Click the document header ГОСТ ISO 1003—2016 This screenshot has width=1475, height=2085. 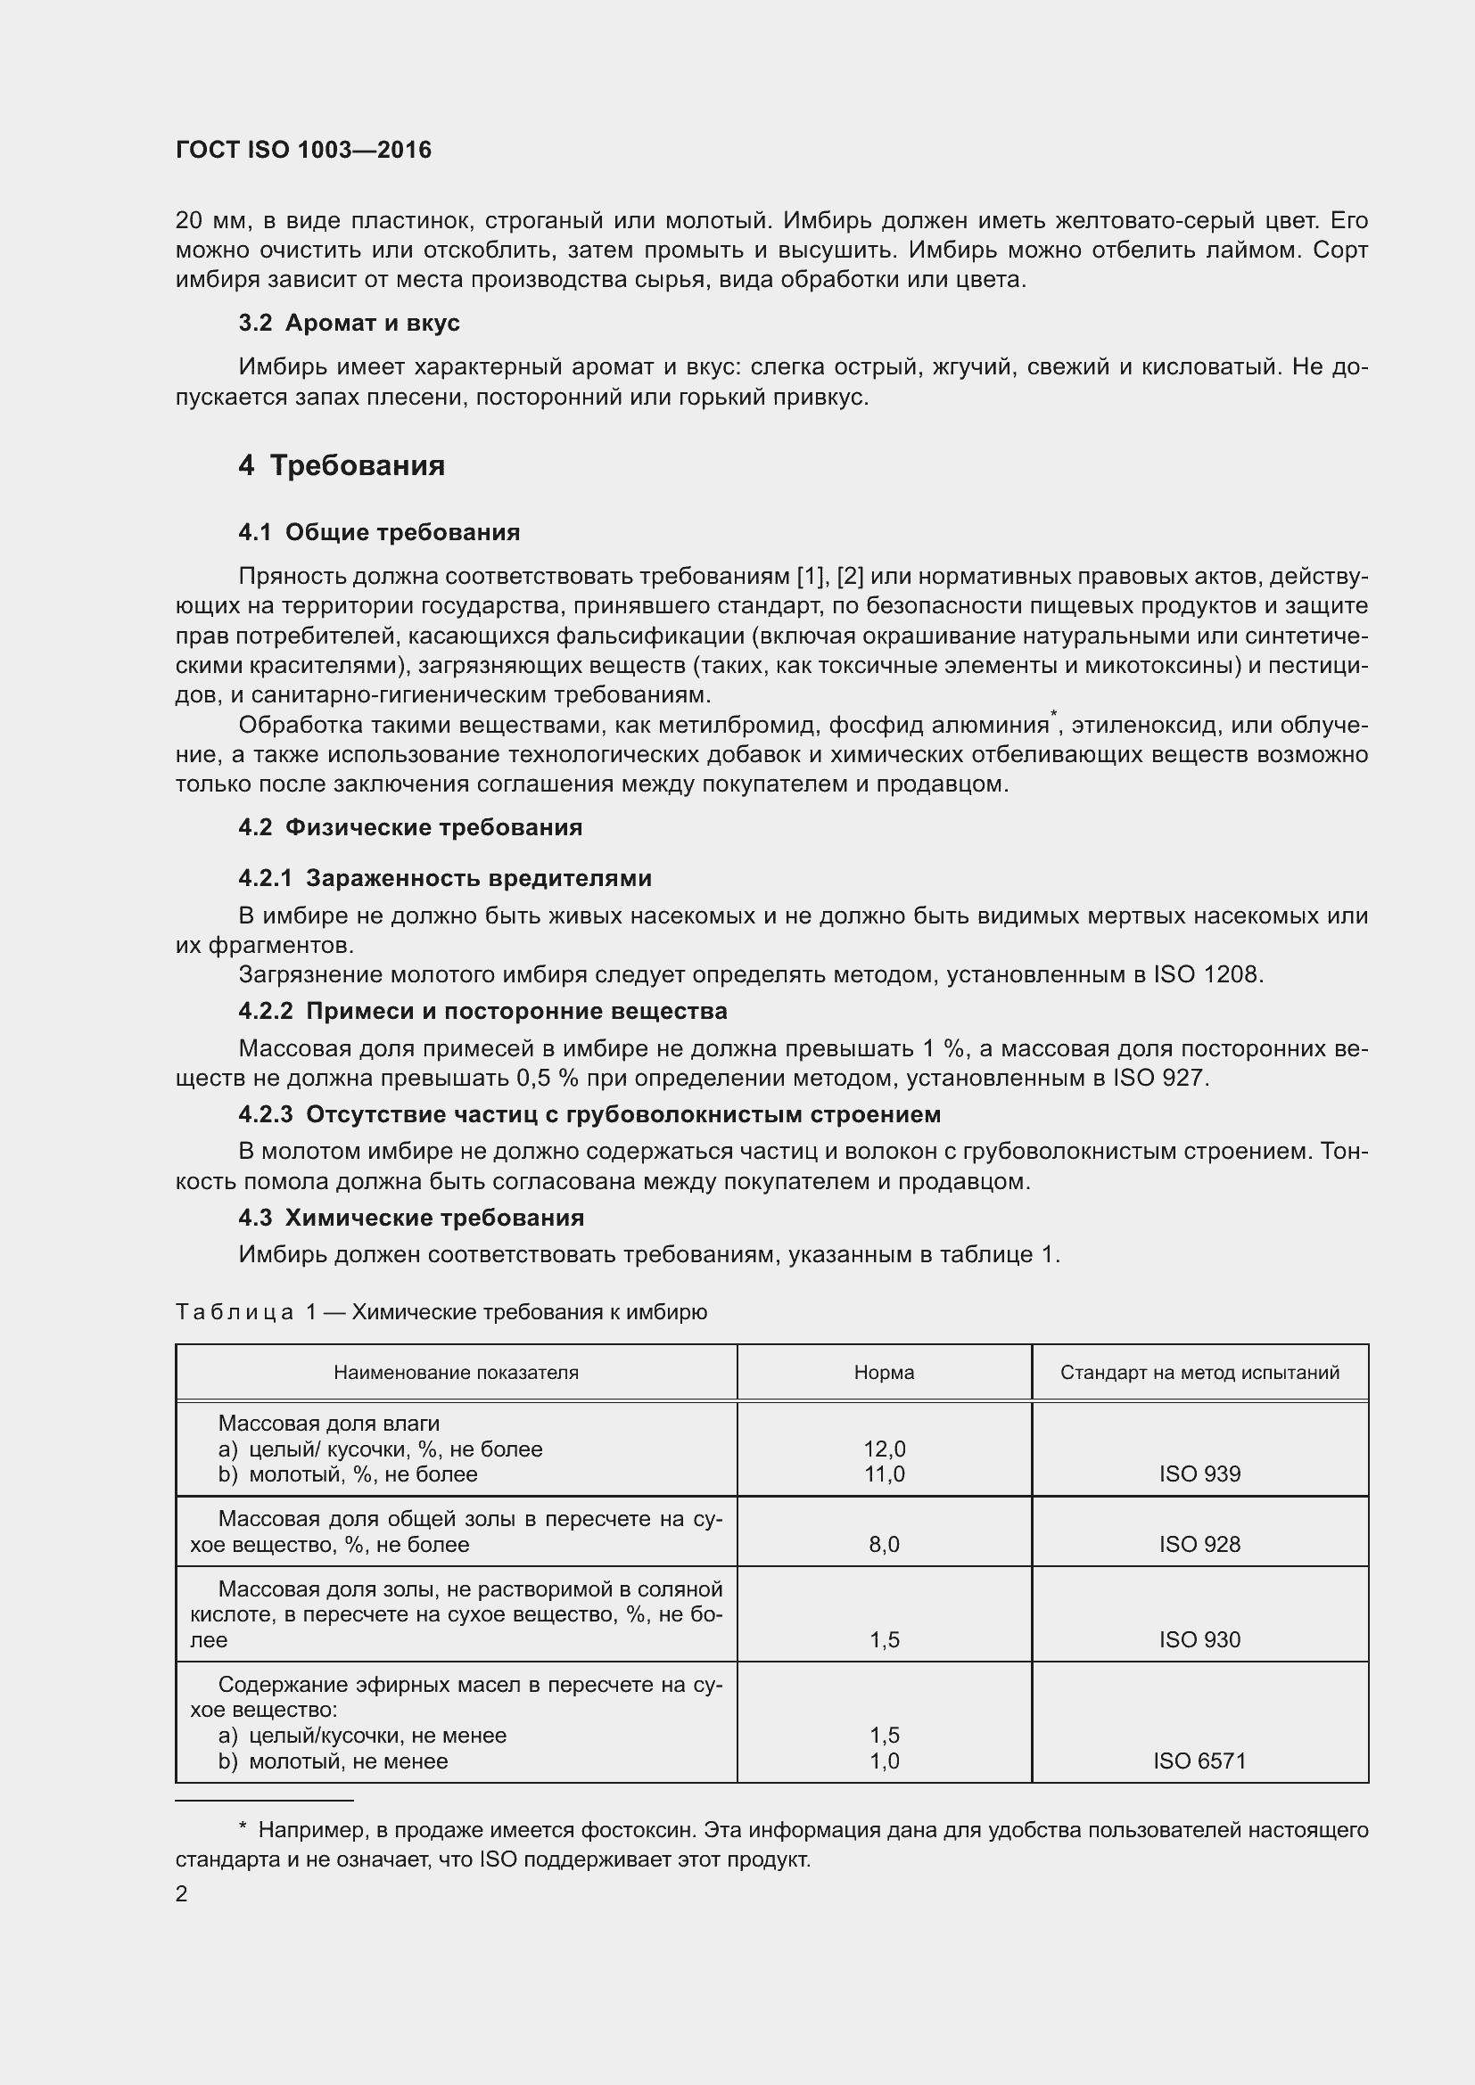pos(303,150)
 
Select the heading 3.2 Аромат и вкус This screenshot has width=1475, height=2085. pos(349,324)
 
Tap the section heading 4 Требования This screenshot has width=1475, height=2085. pos(342,466)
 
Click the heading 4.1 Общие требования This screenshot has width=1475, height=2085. pos(379,532)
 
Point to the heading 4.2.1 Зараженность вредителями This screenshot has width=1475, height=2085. pos(445,878)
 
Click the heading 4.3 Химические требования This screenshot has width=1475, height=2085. pos(411,1218)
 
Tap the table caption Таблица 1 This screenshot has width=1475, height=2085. pos(441,1312)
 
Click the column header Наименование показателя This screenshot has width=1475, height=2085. pos(456,1373)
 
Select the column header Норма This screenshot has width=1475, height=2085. pos(884,1373)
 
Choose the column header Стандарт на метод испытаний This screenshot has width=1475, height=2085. pos(1199,1373)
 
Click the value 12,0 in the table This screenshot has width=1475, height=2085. pos(884,1449)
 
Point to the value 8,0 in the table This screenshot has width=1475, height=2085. pos(884,1545)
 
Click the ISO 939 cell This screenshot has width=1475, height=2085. pos(1199,1474)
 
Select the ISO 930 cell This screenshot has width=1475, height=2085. pos(1199,1640)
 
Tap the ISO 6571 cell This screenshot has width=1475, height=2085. pos(1199,1761)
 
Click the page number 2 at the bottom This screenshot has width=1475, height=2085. pos(182,1894)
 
